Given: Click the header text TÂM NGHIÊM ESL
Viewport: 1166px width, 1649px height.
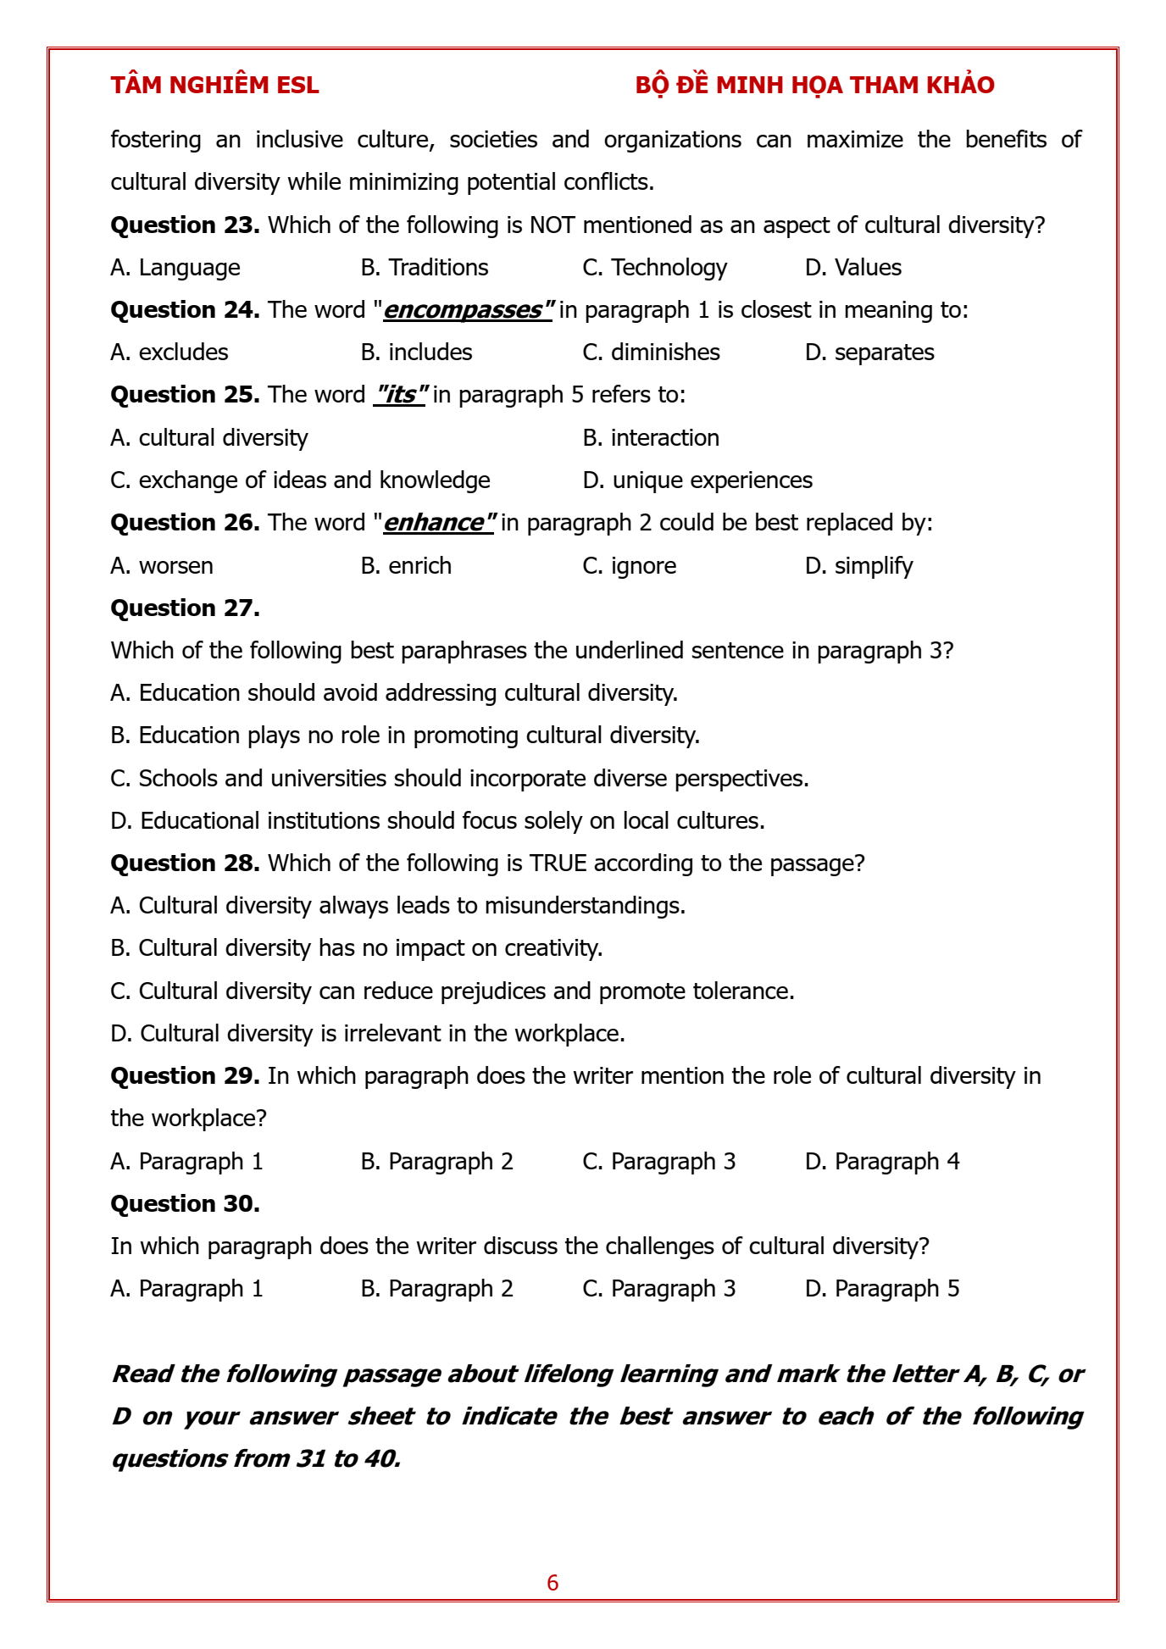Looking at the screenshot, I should tap(214, 86).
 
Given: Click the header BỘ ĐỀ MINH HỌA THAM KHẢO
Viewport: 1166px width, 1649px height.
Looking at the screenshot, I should tap(814, 86).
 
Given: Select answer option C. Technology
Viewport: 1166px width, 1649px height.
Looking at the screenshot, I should tap(654, 268).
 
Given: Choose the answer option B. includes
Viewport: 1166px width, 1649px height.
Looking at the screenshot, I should tap(416, 353).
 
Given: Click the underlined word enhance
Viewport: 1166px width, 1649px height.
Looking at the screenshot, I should tap(438, 523).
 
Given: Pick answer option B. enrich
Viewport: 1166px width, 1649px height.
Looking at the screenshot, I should tap(406, 566).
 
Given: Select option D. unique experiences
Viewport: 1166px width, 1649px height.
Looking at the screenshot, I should tap(697, 480).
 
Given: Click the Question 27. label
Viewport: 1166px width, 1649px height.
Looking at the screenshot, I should tap(185, 608).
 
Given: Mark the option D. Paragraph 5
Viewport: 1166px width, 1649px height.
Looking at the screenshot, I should tap(882, 1289).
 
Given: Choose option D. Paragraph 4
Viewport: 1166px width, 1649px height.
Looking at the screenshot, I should tap(882, 1162).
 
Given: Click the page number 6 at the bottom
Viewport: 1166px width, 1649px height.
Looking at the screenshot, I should tap(552, 1583).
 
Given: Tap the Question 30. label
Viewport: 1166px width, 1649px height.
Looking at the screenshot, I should tap(185, 1204).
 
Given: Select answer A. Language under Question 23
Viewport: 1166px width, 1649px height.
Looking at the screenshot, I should tap(175, 268).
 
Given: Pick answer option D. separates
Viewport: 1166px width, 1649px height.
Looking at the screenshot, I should tap(869, 353).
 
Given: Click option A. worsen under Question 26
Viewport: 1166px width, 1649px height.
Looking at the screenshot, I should tap(162, 566).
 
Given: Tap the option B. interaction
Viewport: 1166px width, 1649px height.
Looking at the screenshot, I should tap(651, 438).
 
